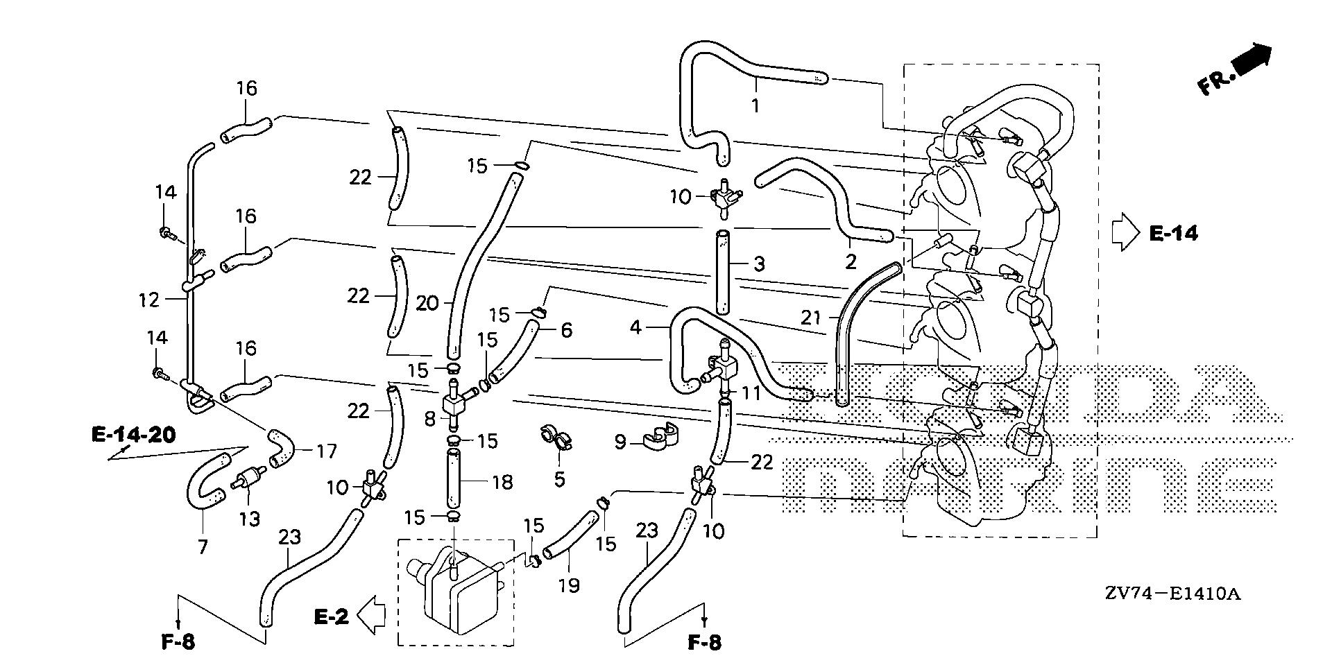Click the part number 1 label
(x=755, y=106)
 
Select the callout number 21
(x=810, y=318)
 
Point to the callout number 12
(x=149, y=300)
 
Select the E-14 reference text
(x=1173, y=234)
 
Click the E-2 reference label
(x=331, y=616)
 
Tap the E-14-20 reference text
(x=133, y=435)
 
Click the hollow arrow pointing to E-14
(x=1126, y=232)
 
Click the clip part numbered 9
(x=660, y=435)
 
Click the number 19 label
(x=568, y=586)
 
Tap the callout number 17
(x=325, y=451)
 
